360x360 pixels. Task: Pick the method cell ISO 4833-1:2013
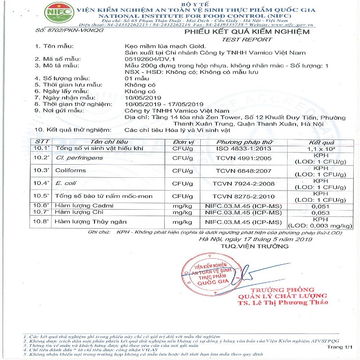pyautogui.click(x=238, y=148)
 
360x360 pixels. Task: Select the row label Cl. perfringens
pyautogui.click(x=79, y=158)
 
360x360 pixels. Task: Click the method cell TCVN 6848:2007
pyautogui.click(x=238, y=171)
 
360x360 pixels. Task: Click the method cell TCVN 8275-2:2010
pyautogui.click(x=238, y=196)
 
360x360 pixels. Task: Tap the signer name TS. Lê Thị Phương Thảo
pyautogui.click(x=276, y=304)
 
